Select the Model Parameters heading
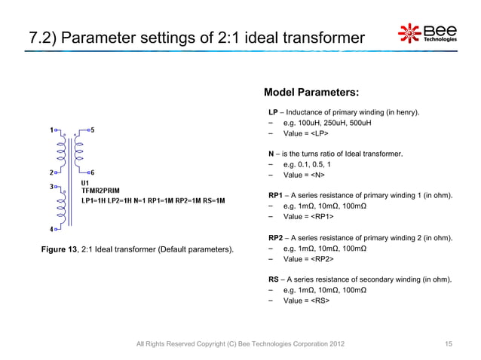(311, 93)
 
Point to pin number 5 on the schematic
(92, 129)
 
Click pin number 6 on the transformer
(92, 172)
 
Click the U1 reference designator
(85, 183)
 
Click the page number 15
(449, 344)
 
